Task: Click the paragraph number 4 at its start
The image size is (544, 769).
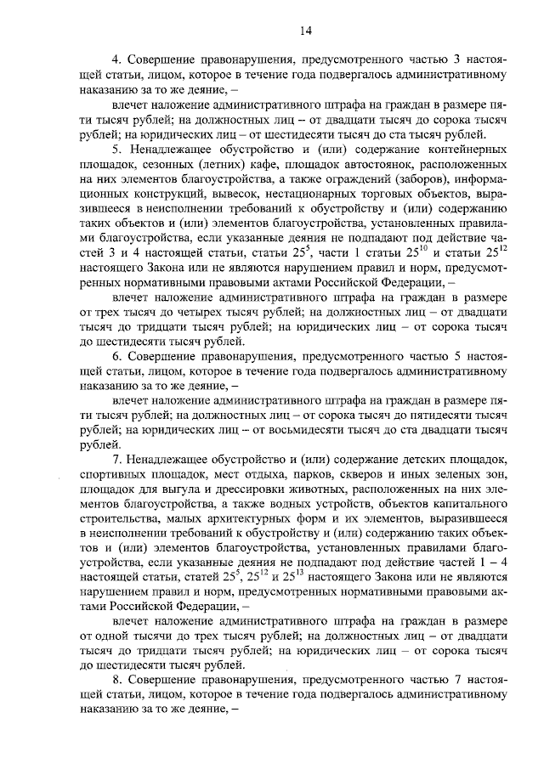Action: coord(116,60)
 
